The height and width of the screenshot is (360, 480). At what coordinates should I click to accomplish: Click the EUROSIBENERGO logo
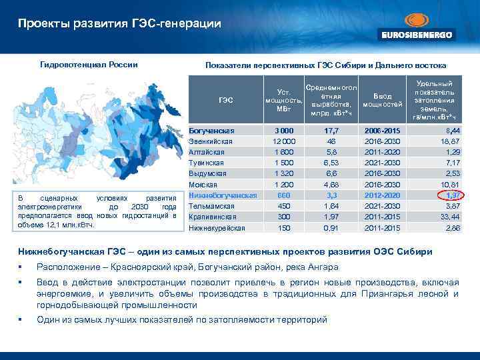point(417,27)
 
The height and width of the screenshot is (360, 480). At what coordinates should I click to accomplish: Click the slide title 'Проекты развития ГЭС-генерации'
point(119,24)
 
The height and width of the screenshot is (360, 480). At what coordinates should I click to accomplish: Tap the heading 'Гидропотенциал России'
point(89,65)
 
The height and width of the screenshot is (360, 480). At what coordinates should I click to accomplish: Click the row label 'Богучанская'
point(211,131)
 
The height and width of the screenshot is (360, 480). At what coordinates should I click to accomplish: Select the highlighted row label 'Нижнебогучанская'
point(223,195)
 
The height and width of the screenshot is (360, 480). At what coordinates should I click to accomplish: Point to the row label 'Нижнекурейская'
point(218,228)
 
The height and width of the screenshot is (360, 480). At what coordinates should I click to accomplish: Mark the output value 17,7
point(331,131)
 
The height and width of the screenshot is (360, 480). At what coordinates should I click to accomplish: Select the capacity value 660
point(284,195)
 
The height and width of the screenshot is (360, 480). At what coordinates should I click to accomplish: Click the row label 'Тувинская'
point(207,163)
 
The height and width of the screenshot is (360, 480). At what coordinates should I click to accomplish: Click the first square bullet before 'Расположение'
point(21,269)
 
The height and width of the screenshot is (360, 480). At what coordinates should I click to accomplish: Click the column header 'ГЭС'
point(225,101)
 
